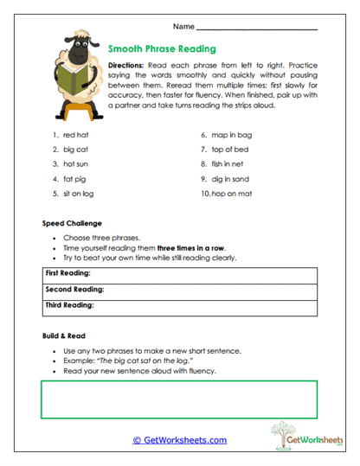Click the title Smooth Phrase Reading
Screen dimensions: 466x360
(x=162, y=49)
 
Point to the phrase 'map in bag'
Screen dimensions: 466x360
(x=231, y=135)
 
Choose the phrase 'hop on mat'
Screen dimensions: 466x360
(x=230, y=195)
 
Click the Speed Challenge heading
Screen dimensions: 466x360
(x=72, y=223)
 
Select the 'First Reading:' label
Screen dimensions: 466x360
(x=67, y=274)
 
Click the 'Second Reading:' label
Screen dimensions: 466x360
(x=72, y=290)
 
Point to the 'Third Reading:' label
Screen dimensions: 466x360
(x=69, y=305)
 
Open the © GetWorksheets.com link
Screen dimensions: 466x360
(x=179, y=440)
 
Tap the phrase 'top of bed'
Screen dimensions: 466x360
(x=230, y=150)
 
